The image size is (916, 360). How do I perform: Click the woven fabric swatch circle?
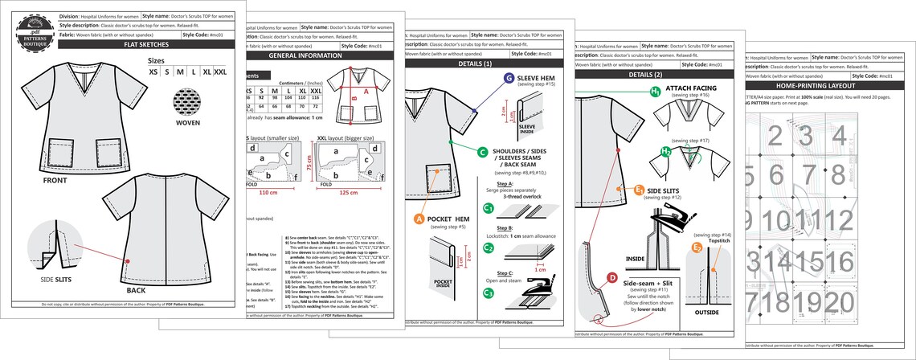[x=186, y=105]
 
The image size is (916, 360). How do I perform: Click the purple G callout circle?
[x=509, y=78]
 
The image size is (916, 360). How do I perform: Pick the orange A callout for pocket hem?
[x=419, y=219]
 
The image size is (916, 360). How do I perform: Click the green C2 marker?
[x=488, y=247]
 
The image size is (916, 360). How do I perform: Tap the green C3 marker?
[x=488, y=293]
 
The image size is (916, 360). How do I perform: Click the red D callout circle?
[x=612, y=278]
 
